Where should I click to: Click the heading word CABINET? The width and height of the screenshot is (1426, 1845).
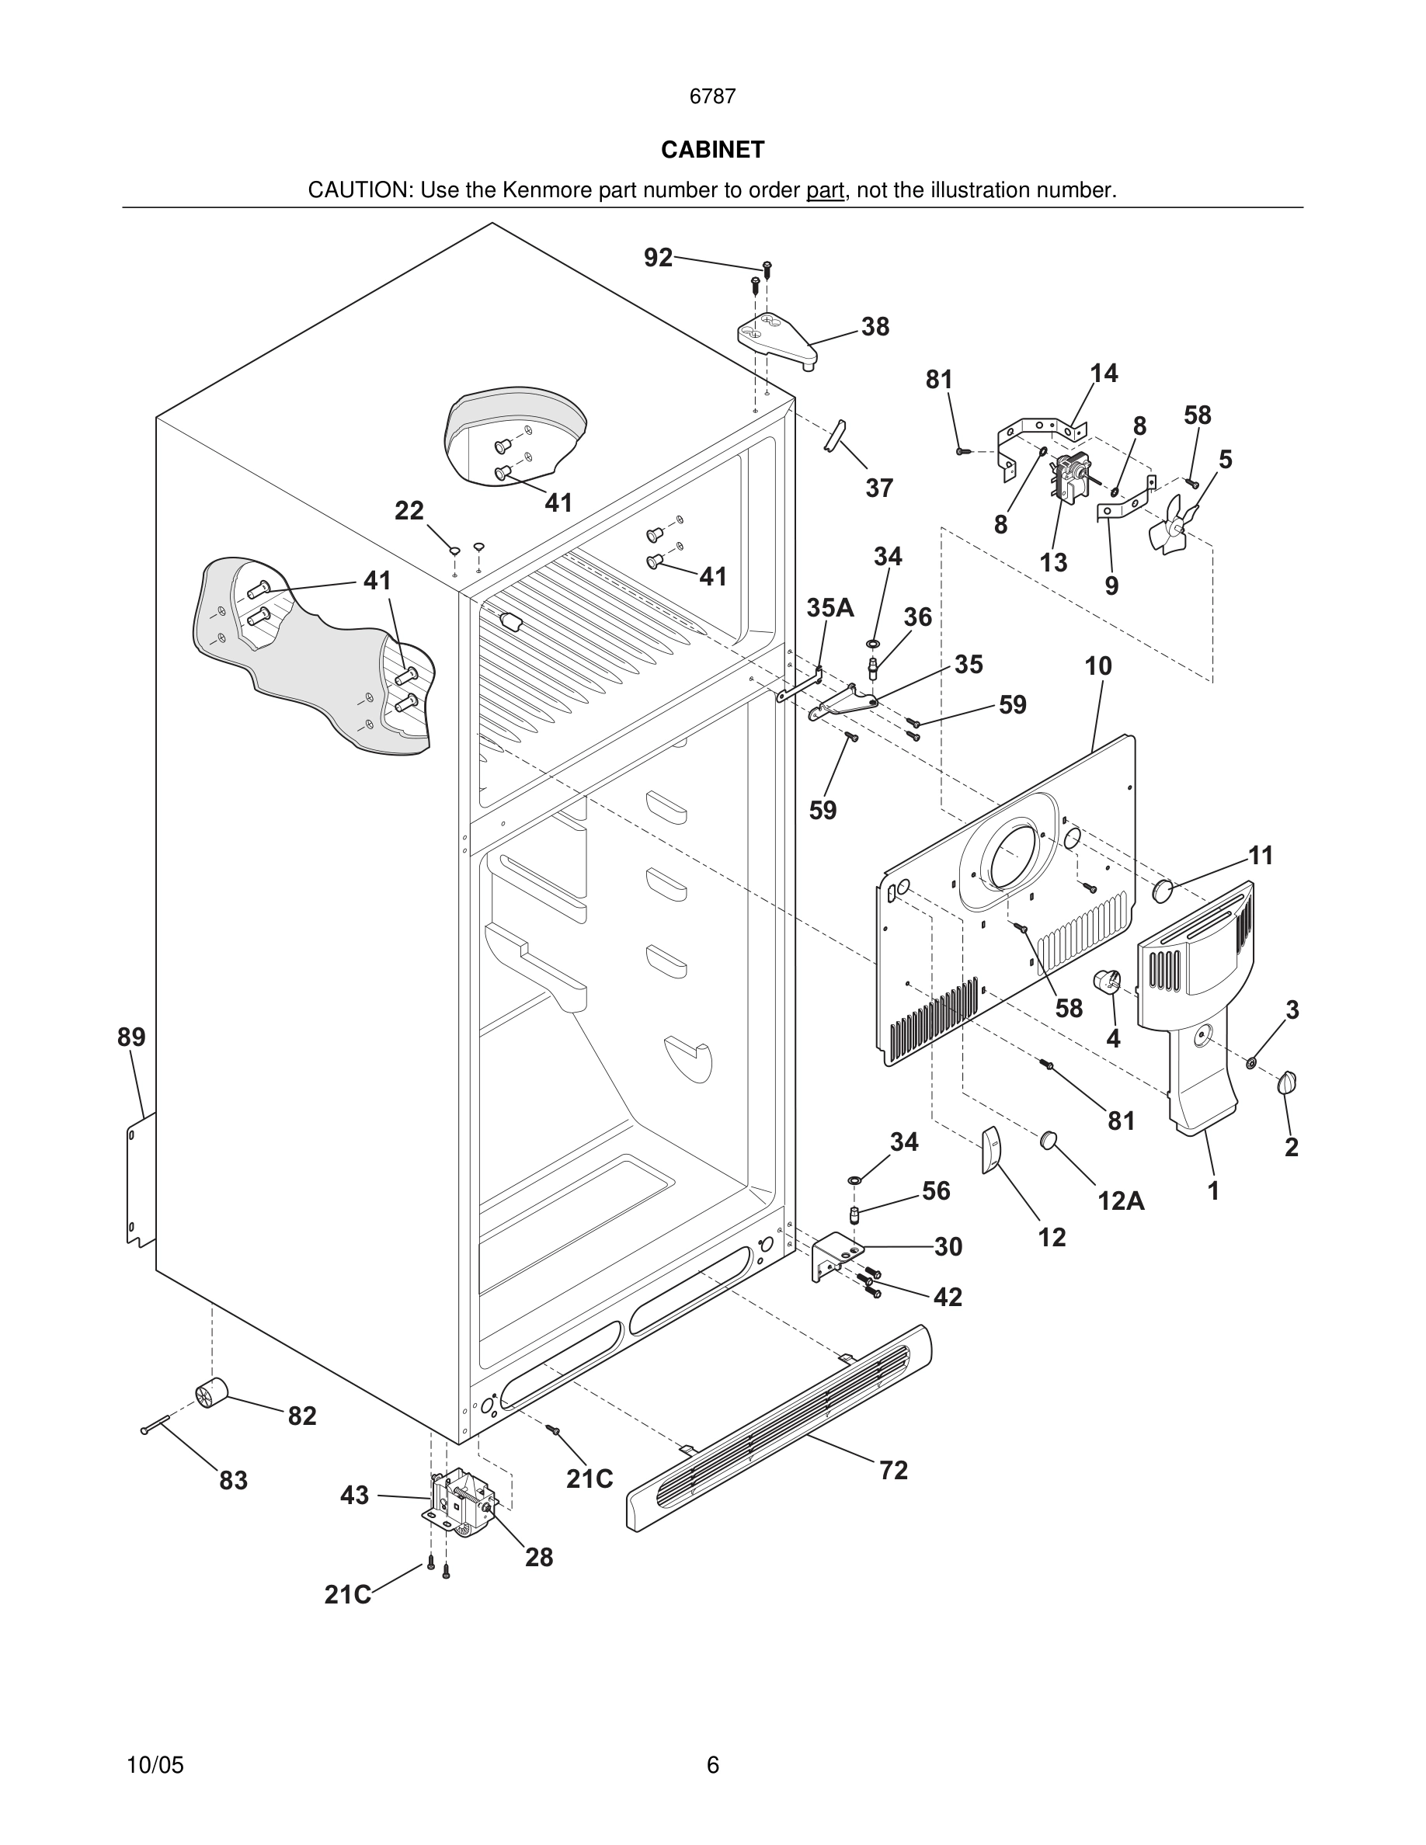712,150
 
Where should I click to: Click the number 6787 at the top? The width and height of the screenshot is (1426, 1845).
712,97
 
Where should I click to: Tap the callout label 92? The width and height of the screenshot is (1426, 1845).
658,258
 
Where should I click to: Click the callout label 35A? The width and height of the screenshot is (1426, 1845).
830,607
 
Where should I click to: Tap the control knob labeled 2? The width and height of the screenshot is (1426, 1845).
1289,1082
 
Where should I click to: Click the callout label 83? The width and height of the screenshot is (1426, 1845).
233,1480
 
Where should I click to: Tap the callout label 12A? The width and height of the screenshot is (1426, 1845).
1121,1200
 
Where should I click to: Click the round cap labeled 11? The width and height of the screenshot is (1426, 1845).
1164,888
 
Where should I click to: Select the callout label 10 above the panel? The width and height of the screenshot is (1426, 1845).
1097,666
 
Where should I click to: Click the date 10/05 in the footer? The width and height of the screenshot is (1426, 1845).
155,1765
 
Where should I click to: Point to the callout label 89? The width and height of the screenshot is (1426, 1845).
131,1037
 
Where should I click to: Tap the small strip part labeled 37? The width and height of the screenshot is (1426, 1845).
835,434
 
